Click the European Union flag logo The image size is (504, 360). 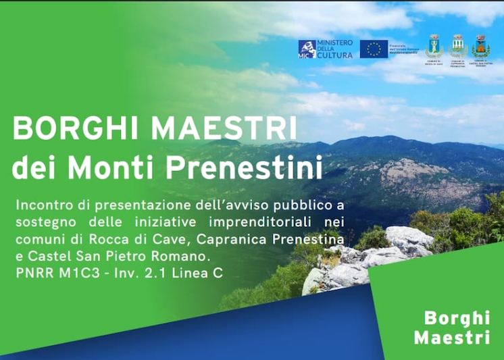click(374, 49)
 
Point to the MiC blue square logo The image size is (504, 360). click(307, 49)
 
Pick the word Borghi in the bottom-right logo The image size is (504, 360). click(457, 318)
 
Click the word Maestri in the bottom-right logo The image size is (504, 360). click(451, 337)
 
